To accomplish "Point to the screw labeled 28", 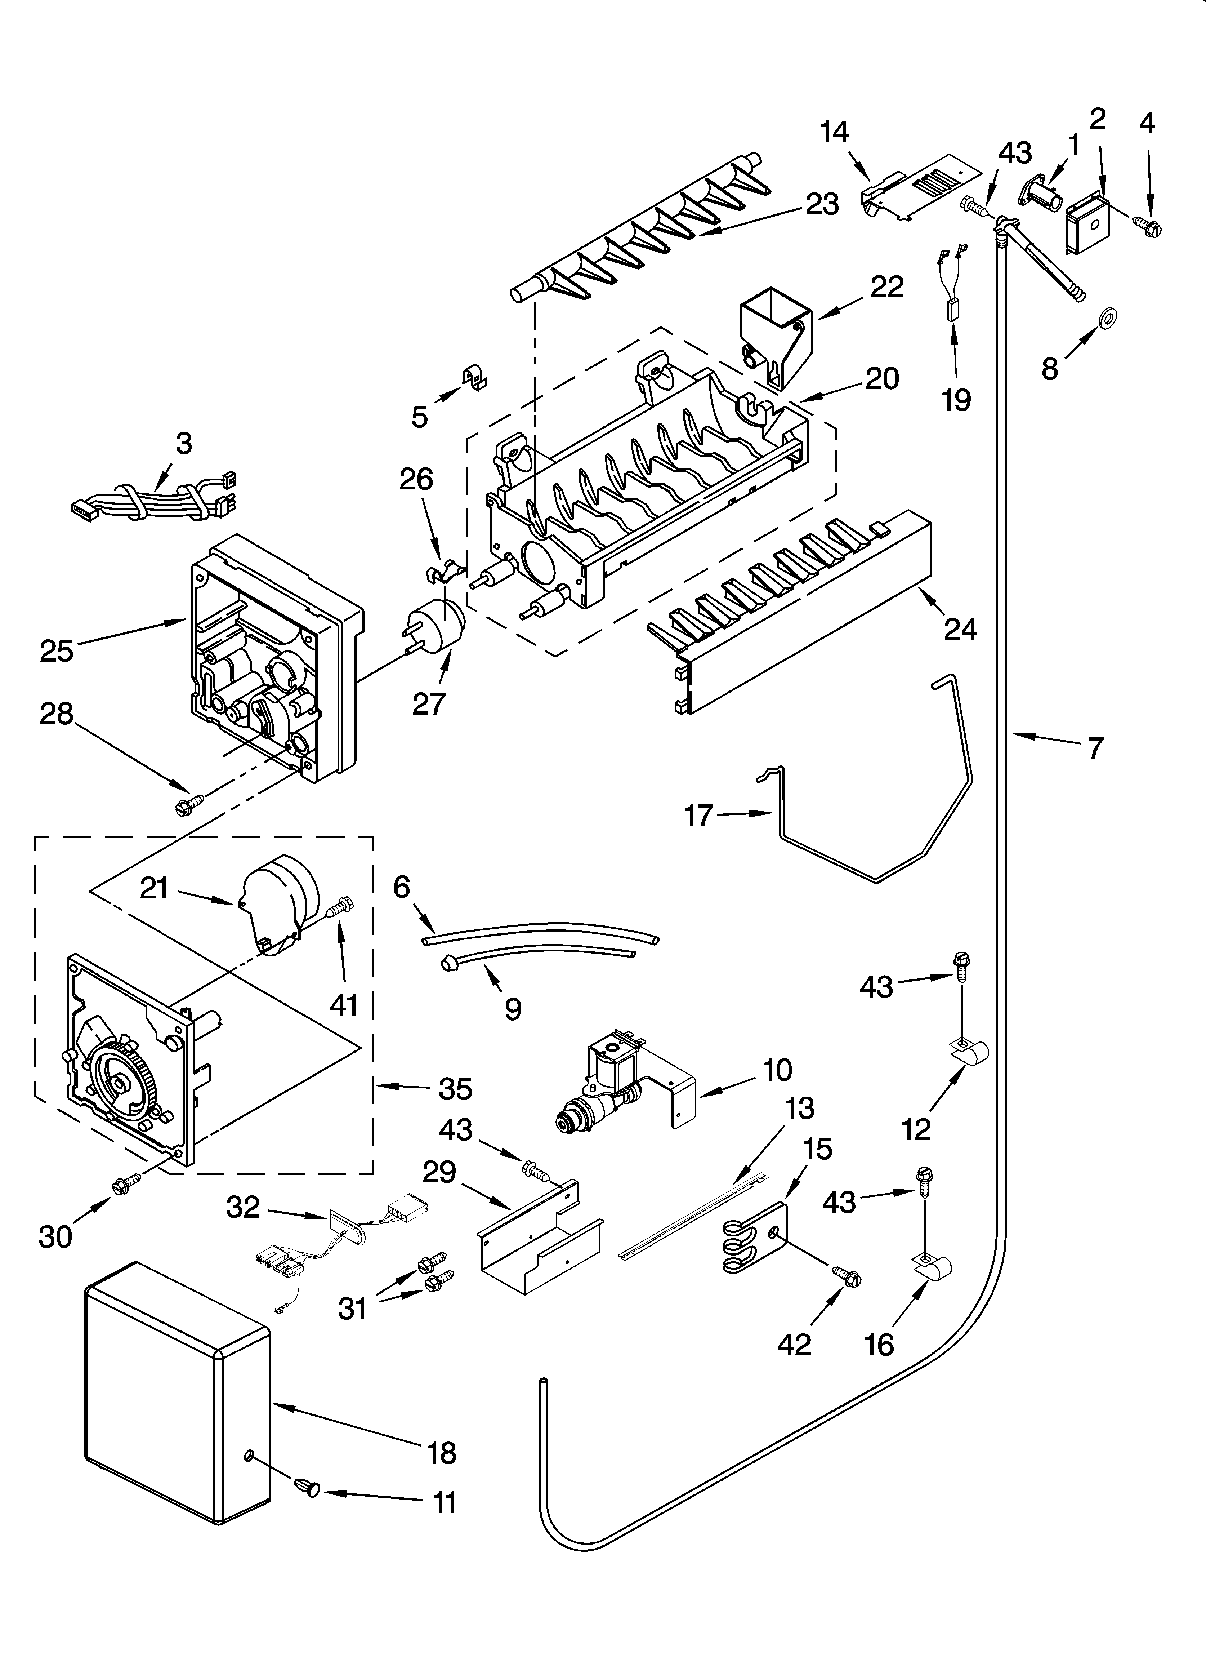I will pyautogui.click(x=185, y=806).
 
